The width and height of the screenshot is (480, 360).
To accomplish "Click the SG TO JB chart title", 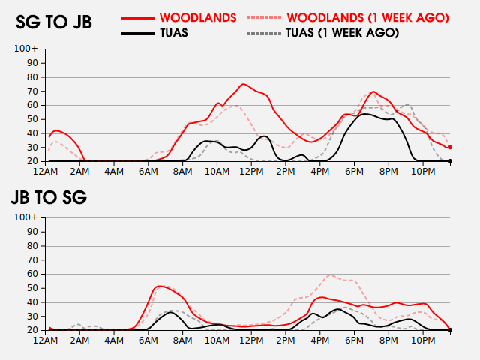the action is [x=54, y=22].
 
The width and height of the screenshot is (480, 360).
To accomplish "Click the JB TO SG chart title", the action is [x=49, y=197].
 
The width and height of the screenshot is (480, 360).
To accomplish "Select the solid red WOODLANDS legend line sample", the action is [x=138, y=18].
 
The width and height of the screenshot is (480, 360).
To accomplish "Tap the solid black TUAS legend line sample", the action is [x=138, y=33].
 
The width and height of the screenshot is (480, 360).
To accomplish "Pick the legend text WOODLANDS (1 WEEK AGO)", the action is [x=367, y=18].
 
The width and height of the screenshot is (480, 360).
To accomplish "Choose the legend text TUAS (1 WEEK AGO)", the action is [x=343, y=33].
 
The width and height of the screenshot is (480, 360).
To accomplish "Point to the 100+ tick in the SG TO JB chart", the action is [x=26, y=49].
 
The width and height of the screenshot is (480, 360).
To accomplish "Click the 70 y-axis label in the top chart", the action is [x=32, y=91].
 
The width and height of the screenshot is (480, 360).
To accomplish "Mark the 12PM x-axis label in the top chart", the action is [x=251, y=172].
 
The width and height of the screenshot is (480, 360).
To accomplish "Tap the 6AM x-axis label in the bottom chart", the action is [x=148, y=340].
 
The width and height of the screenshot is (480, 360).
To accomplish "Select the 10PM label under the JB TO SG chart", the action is [x=423, y=340].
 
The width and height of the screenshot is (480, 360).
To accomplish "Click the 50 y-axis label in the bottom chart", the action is [x=32, y=288].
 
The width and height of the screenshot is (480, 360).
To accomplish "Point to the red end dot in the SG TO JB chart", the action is [x=450, y=147].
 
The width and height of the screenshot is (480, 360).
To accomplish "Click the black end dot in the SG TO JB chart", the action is [x=450, y=161].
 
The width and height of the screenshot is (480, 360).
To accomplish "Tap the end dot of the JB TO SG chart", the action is [x=450, y=330].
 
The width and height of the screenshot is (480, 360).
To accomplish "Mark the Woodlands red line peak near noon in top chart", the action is [x=243, y=84].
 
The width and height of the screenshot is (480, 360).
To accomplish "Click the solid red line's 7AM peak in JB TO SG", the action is [x=159, y=286].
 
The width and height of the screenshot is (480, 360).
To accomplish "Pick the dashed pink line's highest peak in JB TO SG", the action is [x=329, y=275].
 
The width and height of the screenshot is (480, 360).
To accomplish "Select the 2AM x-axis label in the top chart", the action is [x=79, y=172].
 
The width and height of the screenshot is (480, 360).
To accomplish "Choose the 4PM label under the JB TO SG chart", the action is [x=320, y=340].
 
